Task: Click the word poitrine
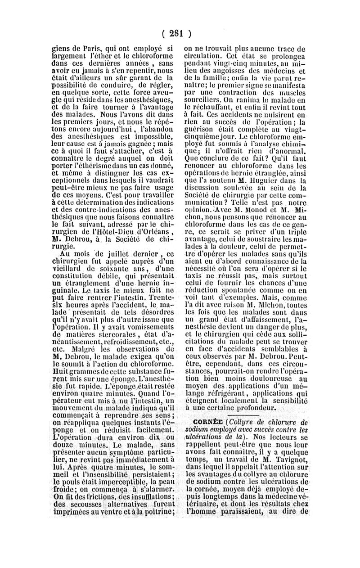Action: (x=159, y=512)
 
